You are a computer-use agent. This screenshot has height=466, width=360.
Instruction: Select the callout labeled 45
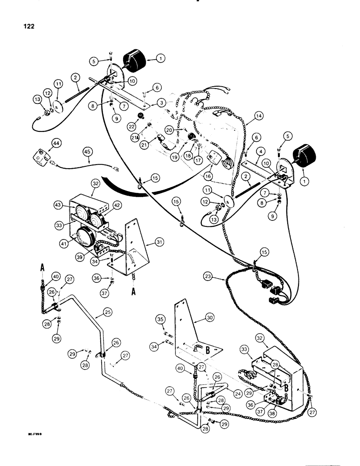point(87,151)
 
